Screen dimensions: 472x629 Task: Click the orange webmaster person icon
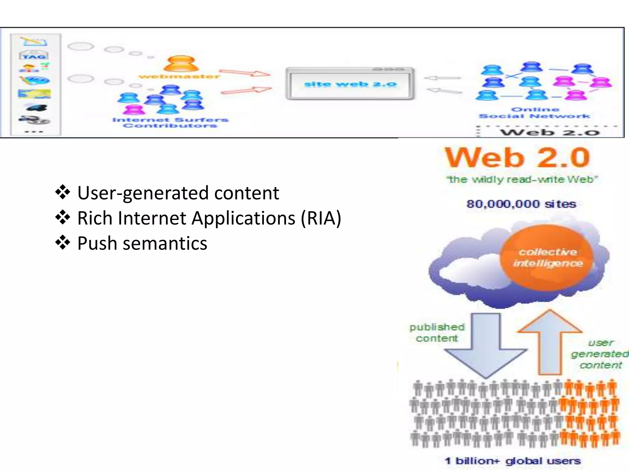[x=181, y=64]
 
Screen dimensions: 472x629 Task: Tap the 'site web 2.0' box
[x=350, y=84]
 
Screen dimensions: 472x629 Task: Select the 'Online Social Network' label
[x=534, y=113]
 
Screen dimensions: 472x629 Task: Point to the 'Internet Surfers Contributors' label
[x=170, y=123]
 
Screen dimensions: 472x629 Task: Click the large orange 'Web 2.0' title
[x=518, y=158]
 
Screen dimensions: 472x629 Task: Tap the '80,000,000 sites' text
[x=521, y=204]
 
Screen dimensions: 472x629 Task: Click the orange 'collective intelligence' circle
[x=548, y=258]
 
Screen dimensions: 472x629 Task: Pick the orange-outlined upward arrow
[x=550, y=341]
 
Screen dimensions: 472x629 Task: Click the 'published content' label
[x=437, y=332]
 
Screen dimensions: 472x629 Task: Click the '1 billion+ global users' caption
[x=513, y=461]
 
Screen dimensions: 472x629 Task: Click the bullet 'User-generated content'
[x=178, y=193]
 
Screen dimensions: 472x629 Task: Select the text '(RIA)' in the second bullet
[x=321, y=218]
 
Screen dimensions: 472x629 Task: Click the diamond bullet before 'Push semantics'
[x=63, y=243]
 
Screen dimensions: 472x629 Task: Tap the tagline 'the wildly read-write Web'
[x=522, y=179]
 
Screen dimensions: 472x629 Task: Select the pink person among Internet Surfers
[x=133, y=109]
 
